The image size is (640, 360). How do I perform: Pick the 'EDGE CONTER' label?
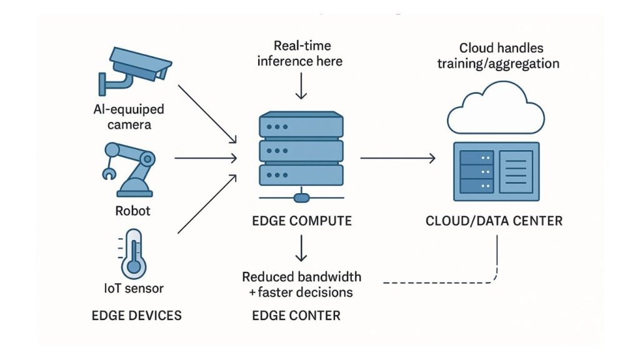(296, 315)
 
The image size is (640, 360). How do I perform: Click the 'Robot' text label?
(132, 211)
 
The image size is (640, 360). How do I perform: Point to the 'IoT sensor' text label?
(132, 289)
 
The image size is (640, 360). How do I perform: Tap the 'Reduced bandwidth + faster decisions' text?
(301, 284)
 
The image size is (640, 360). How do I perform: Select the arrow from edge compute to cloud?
(397, 159)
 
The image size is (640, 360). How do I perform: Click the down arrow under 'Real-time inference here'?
(301, 87)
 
